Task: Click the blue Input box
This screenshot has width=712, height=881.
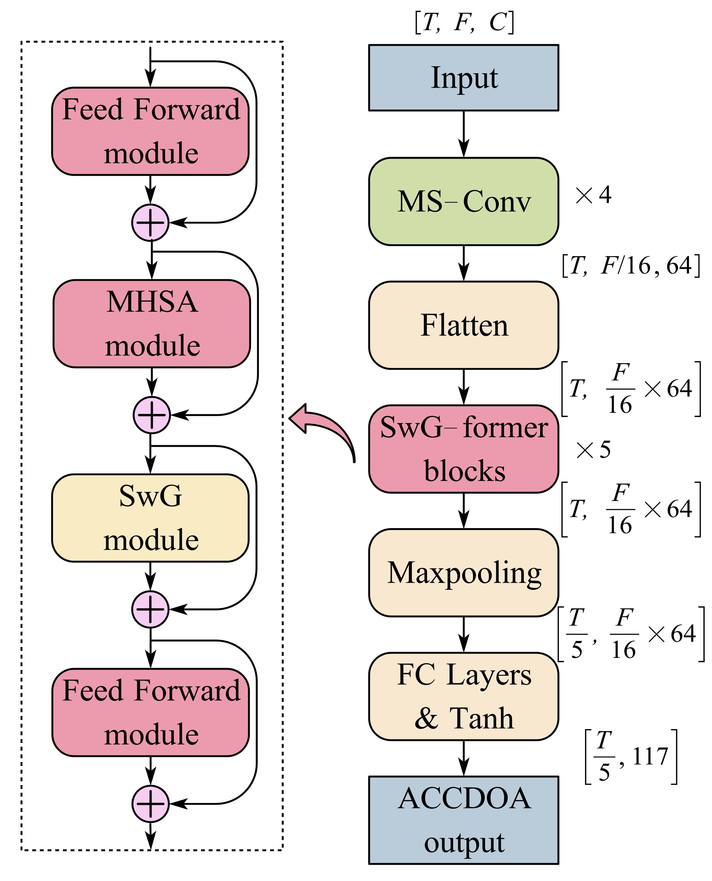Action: pos(463,78)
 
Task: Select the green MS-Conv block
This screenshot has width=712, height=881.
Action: pos(463,201)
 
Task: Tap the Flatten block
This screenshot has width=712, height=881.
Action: pos(463,325)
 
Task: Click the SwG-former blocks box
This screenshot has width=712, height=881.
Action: pos(463,449)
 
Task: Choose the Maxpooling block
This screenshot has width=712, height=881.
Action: pos(463,573)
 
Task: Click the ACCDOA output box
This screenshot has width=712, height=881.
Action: pos(463,820)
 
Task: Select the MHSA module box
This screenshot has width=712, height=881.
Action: pos(152,324)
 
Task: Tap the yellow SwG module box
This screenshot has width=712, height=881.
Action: pos(150,518)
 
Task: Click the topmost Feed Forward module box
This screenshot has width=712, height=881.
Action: pos(150,131)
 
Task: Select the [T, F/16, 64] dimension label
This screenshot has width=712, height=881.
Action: pos(631,266)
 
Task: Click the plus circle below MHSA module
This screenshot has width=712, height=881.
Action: pos(152,415)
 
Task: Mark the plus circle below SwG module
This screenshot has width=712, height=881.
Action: pos(150,609)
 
